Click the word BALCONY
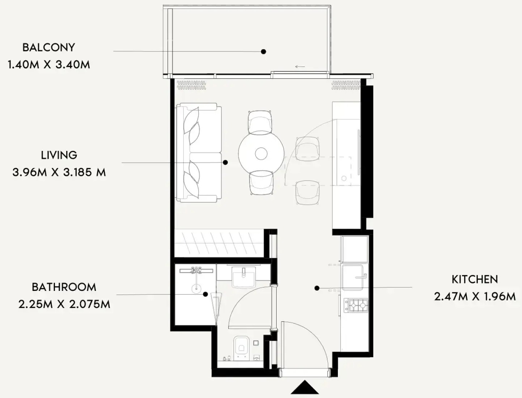point(49,47)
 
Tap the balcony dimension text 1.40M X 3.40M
point(49,65)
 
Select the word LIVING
point(59,155)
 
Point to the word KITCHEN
point(475,280)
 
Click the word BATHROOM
point(64,287)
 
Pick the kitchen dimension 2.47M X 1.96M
point(475,297)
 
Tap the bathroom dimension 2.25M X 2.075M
point(64,304)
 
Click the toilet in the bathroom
point(241,348)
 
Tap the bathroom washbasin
point(243,277)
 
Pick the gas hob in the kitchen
point(356,305)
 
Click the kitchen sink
point(353,277)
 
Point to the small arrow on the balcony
point(300,67)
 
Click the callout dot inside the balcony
point(263,52)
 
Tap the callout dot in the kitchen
point(317,288)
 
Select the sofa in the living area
point(199,152)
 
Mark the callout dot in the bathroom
point(205,295)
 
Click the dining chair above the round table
point(260,122)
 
